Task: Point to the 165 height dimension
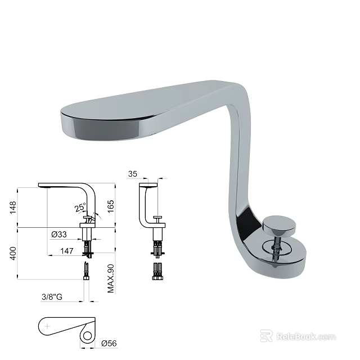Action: [111, 206]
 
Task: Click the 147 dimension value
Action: [68, 253]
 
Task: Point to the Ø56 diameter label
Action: [110, 343]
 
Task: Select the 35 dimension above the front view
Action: [133, 174]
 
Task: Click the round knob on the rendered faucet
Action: [279, 227]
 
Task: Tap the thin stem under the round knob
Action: [277, 245]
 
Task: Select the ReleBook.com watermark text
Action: [305, 336]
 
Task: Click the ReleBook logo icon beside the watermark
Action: [267, 336]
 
